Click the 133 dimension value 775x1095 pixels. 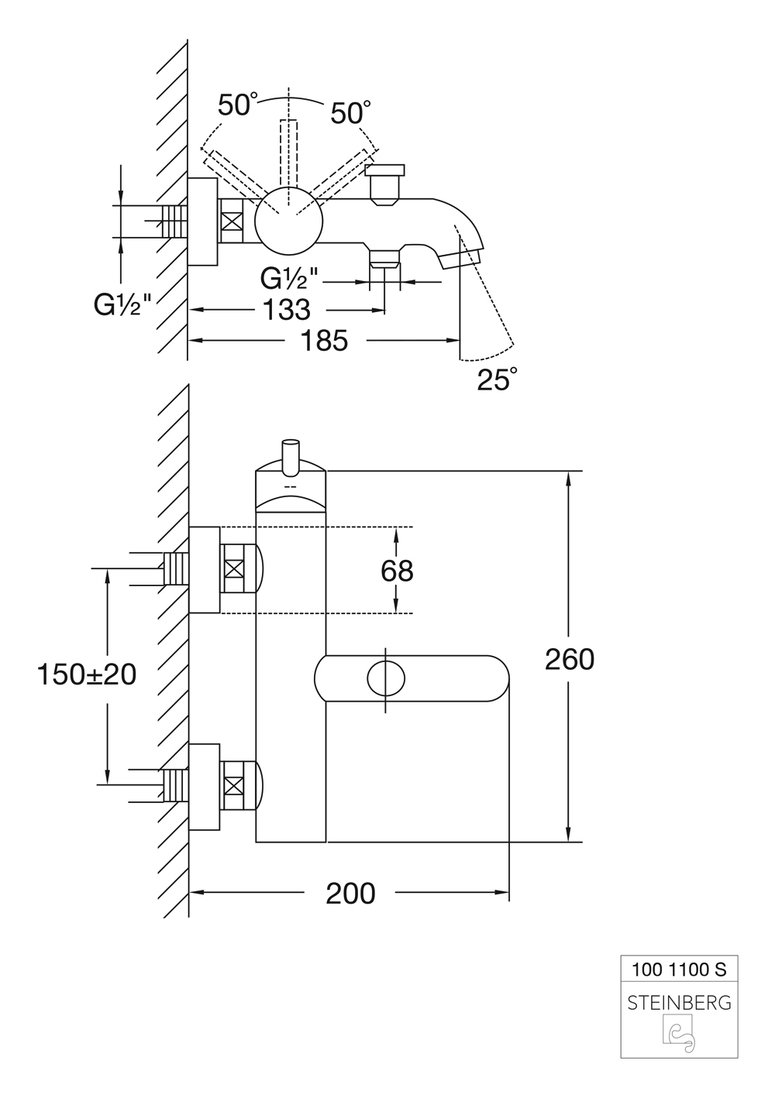tap(287, 310)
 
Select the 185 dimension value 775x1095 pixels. tap(323, 340)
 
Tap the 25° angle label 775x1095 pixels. tap(496, 379)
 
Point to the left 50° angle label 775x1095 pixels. tap(237, 105)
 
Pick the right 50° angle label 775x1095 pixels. tap(346, 113)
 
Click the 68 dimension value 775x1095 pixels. tap(397, 571)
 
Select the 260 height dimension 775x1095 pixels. tap(569, 659)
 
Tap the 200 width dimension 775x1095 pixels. tap(350, 893)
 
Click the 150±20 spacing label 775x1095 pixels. tap(86, 674)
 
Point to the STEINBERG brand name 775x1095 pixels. tap(679, 1003)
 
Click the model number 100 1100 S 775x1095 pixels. tap(679, 968)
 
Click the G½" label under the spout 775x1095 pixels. tap(289, 276)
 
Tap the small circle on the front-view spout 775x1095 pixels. tap(385, 678)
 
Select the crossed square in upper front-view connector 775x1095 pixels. tap(233, 568)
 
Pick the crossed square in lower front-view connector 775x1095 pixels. tap(233, 787)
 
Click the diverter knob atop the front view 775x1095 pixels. tap(291, 455)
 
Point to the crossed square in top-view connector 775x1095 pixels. tap(232, 220)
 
